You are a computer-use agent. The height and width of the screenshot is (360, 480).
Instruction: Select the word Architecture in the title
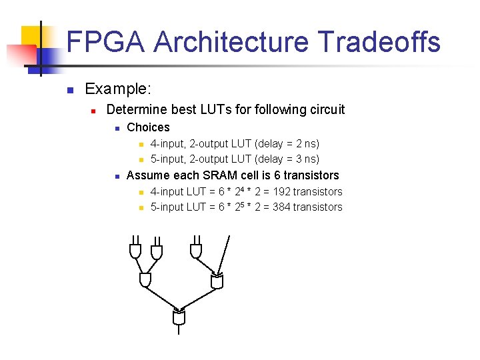click(x=231, y=41)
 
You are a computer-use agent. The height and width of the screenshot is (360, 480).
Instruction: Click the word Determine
click(x=137, y=109)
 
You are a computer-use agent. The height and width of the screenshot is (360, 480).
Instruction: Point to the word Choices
click(x=148, y=127)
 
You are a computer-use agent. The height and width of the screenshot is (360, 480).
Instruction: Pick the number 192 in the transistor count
click(x=281, y=191)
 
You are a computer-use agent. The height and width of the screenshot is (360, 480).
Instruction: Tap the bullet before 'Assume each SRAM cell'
click(x=116, y=176)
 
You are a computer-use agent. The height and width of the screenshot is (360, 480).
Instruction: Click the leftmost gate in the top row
click(x=135, y=251)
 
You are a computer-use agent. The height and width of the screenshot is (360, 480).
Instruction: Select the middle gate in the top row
click(x=156, y=251)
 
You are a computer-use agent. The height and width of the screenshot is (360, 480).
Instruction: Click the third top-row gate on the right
click(x=195, y=250)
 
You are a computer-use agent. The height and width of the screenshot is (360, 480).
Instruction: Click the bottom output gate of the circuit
click(x=178, y=317)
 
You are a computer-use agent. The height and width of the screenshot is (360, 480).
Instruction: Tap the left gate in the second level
click(x=145, y=280)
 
